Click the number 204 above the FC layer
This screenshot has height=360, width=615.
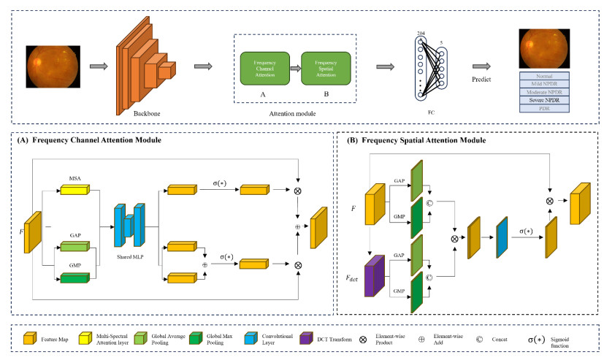pyautogui.click(x=421, y=34)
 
